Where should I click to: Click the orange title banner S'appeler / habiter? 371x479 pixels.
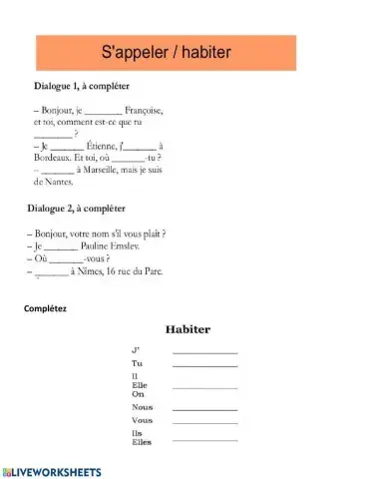(185, 51)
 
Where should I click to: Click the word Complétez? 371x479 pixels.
(46, 309)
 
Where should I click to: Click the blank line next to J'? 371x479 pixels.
(205, 352)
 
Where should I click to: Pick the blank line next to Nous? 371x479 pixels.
(205, 408)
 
